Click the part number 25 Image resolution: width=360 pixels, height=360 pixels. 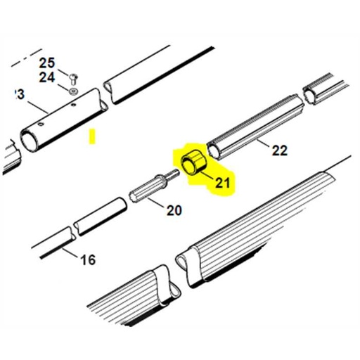pos(46,63)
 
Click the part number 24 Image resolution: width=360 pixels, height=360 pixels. pos(46,77)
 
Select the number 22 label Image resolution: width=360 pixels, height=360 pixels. pos(279,150)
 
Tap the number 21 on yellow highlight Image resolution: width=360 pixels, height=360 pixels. pos(223,184)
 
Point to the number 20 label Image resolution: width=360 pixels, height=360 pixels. pos(174,210)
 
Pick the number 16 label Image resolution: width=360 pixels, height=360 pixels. pos(87,260)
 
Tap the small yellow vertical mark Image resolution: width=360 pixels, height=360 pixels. pos(91,136)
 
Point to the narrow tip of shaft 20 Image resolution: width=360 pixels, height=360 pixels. pos(173,173)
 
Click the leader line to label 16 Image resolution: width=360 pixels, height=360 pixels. pos(70,252)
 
